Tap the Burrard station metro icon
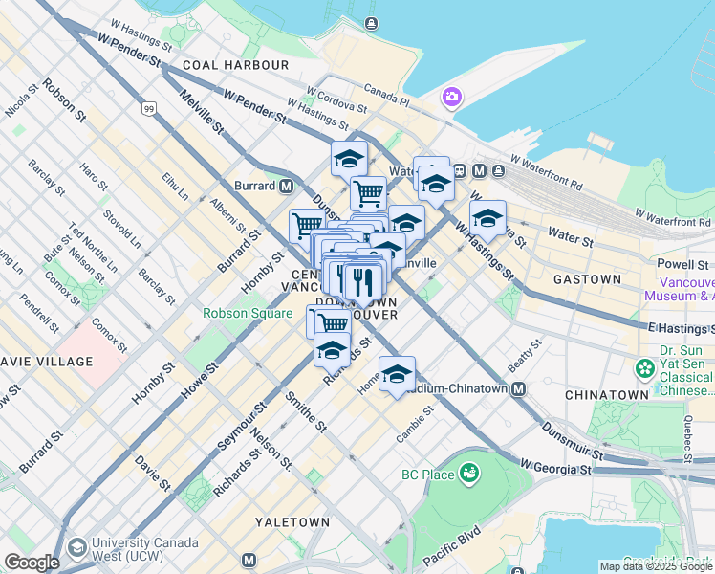tap(286, 186)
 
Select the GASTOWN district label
tap(587, 279)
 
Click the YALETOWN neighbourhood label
tap(292, 522)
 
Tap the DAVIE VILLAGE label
tap(47, 362)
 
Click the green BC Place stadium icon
tap(468, 473)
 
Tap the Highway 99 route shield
tap(149, 109)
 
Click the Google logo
tap(32, 563)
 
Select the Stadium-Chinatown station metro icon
tap(518, 389)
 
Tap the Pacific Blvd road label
tap(448, 552)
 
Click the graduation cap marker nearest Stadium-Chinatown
tap(397, 374)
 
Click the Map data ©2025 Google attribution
tap(656, 566)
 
